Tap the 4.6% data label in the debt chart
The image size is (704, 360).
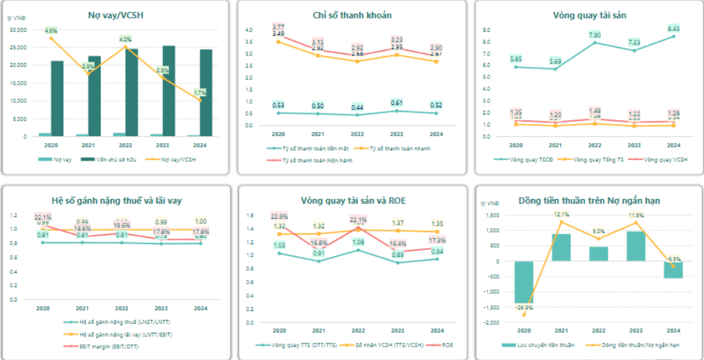52,30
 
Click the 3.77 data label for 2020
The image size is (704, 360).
279,27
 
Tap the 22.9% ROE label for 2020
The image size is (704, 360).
279,217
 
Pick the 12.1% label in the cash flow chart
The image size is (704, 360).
560,214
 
